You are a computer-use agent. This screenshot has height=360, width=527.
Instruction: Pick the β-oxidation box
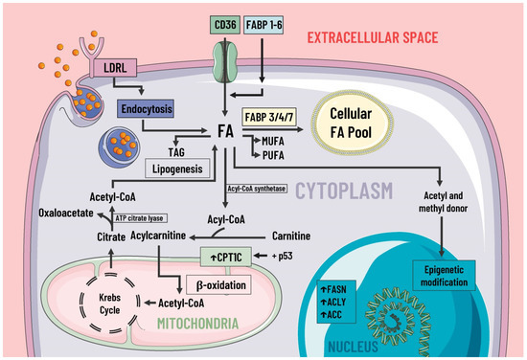click(220, 284)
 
